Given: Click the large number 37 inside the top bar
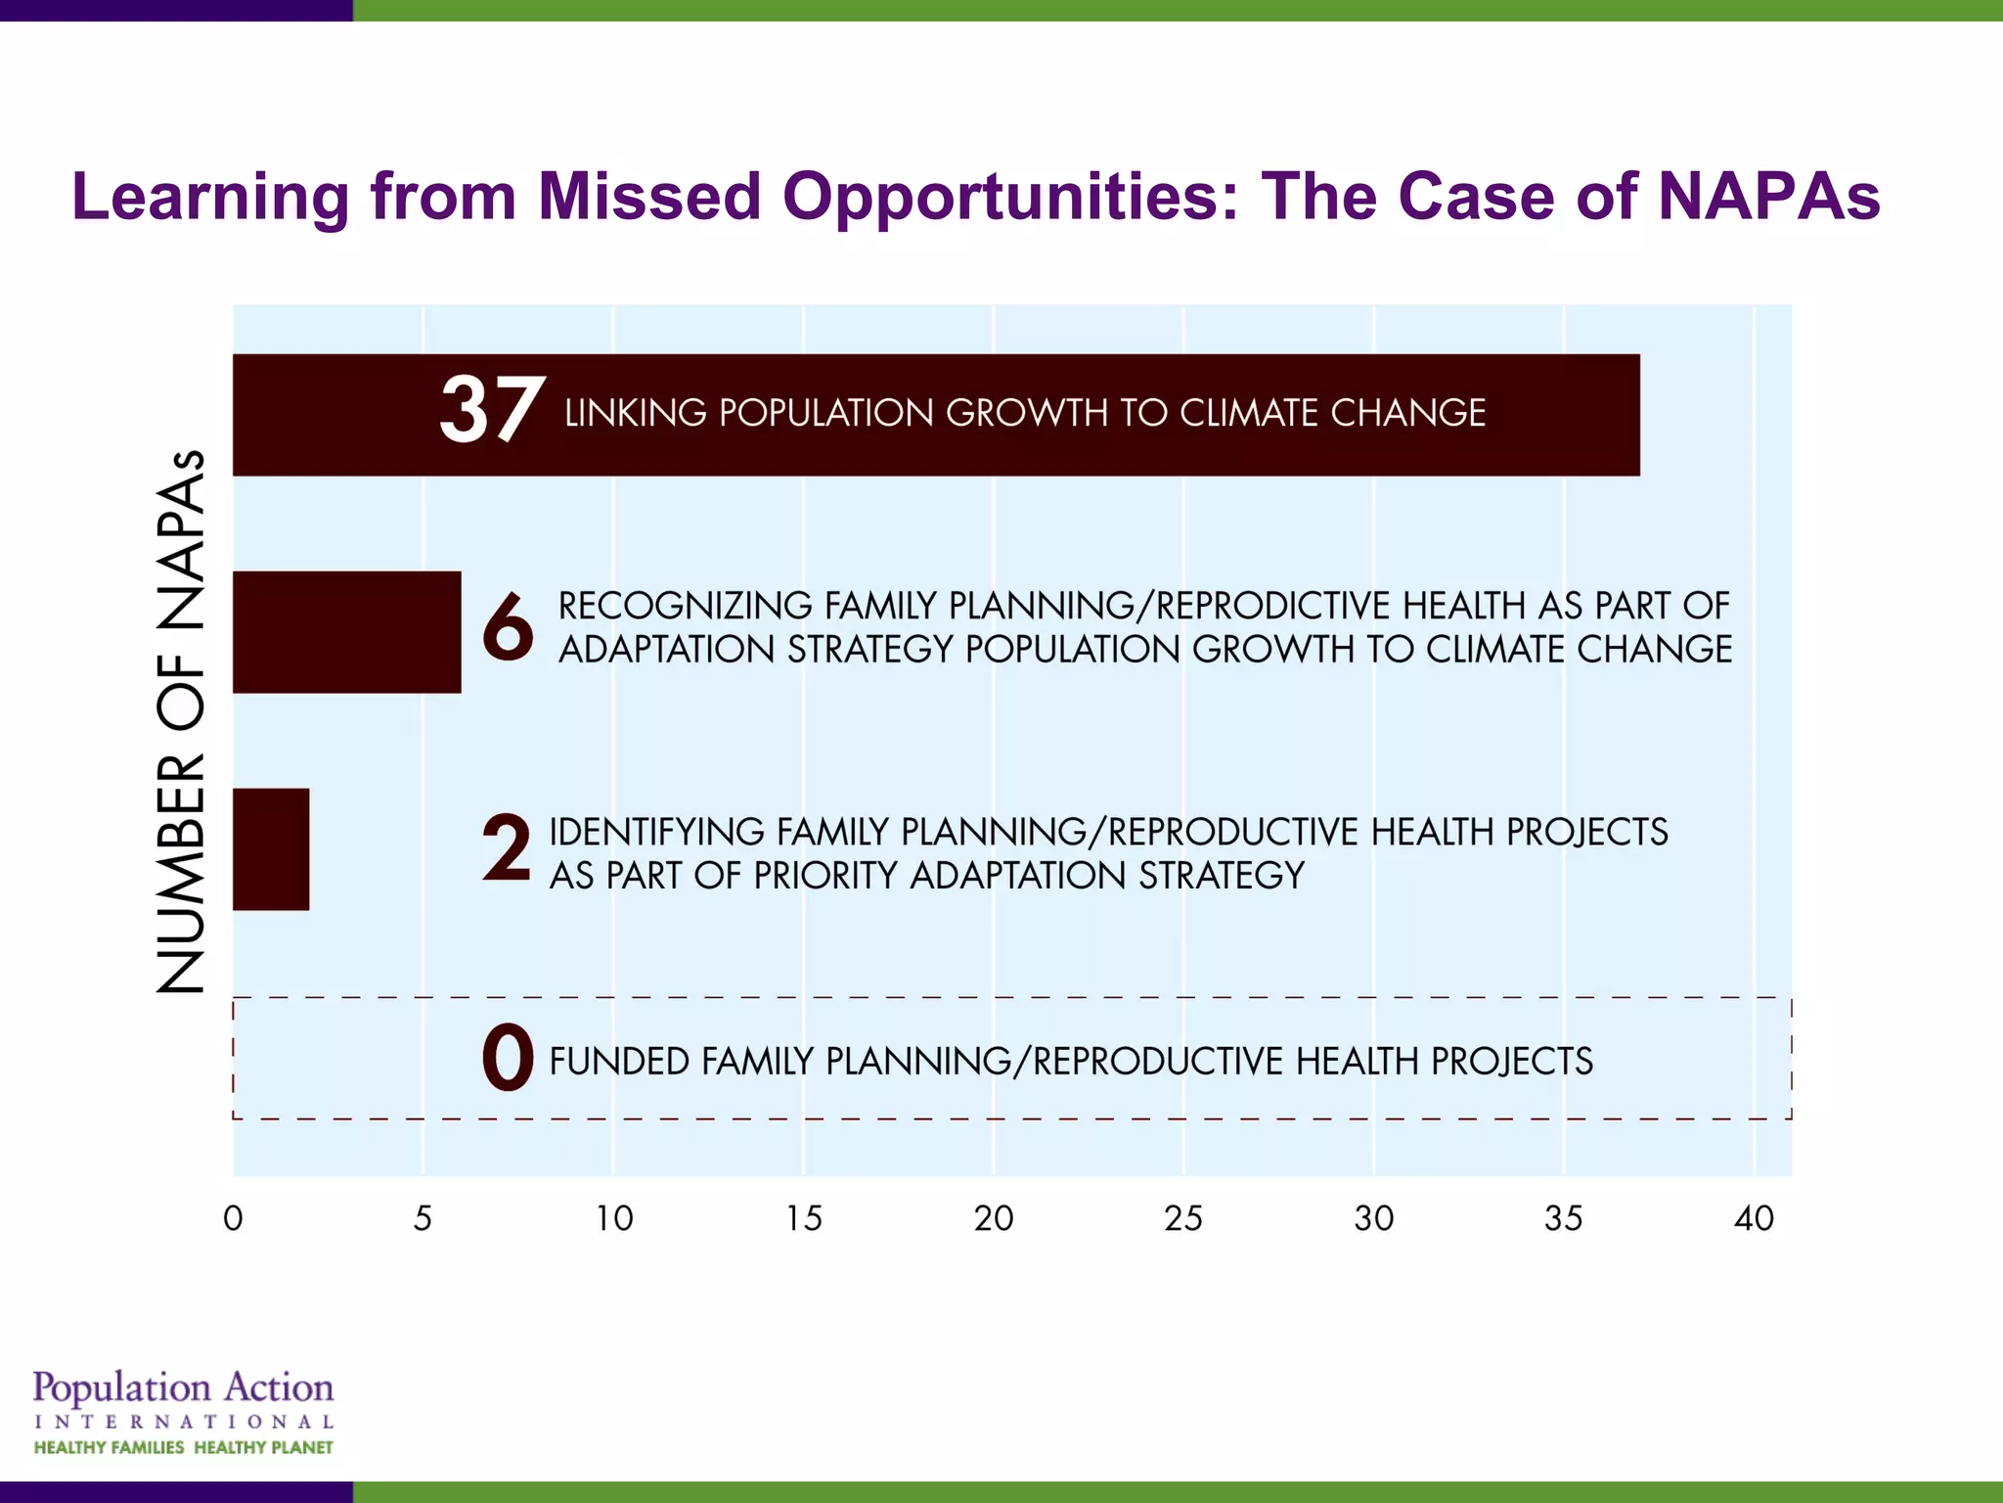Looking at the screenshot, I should [x=492, y=411].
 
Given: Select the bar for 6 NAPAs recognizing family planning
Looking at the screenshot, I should [x=346, y=632].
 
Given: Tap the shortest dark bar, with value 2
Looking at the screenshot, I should [x=271, y=849].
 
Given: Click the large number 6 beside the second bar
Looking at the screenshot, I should [x=508, y=627].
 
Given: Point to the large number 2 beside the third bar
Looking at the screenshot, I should [x=507, y=849].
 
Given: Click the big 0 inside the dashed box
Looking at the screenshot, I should [x=508, y=1059].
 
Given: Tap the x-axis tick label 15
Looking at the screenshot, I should [x=804, y=1218].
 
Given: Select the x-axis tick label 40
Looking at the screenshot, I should [x=1754, y=1218].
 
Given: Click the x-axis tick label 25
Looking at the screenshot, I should [x=1183, y=1218].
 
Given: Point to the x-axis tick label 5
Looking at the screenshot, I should [x=423, y=1218].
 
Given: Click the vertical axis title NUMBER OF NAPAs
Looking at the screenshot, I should [x=182, y=722].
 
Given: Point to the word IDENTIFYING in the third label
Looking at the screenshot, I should [x=656, y=833].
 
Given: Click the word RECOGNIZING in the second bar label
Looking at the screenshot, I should [x=685, y=607].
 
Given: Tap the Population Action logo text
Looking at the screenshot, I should [x=183, y=1389].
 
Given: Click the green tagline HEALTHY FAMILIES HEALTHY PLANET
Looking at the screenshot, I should [x=183, y=1447].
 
